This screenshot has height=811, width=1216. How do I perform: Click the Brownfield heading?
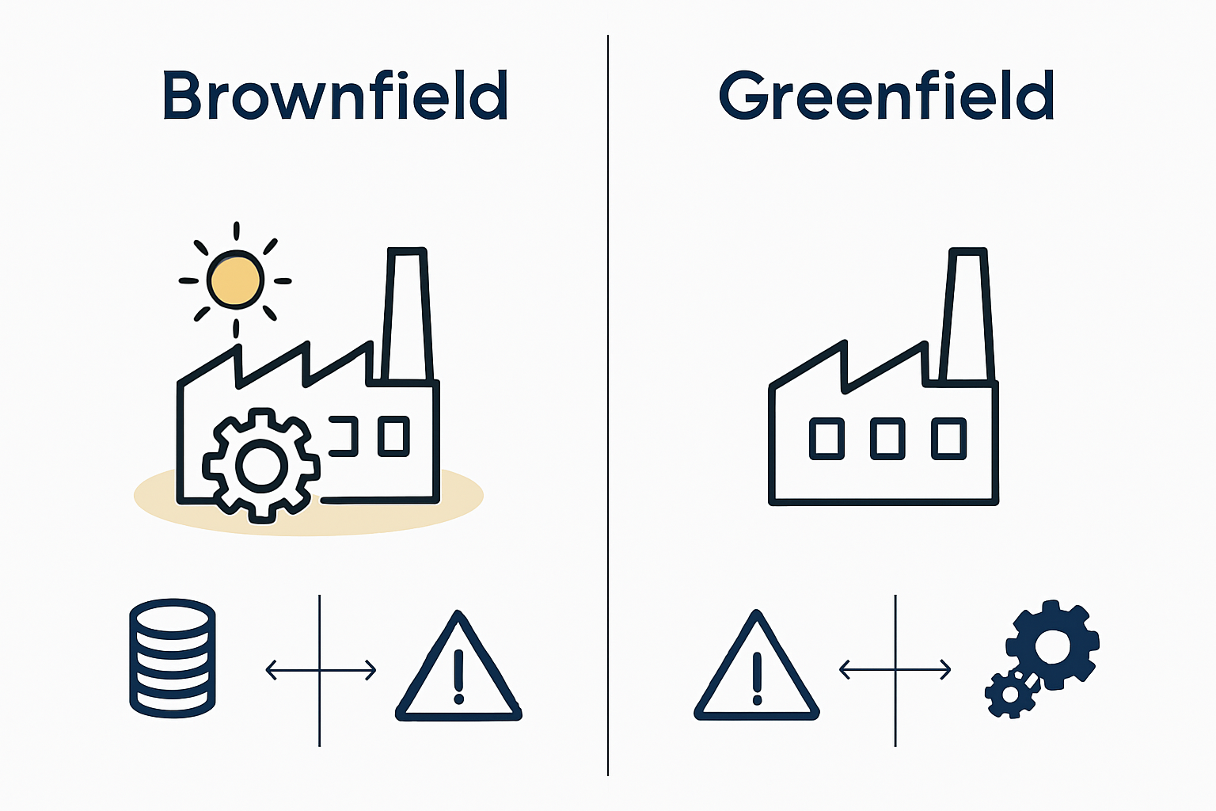(336, 95)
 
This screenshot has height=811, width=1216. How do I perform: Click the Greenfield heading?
(887, 95)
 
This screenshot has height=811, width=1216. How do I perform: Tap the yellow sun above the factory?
(236, 280)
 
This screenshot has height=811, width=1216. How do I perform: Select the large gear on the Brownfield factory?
(262, 466)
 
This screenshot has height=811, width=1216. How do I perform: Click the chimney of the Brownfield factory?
(407, 315)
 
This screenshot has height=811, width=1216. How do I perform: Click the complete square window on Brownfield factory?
(393, 436)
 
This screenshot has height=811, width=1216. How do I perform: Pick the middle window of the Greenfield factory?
(887, 439)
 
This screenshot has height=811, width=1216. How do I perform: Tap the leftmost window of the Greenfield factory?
(826, 439)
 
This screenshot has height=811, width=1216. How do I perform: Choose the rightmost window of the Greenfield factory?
(949, 439)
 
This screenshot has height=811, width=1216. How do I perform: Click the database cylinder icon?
(173, 658)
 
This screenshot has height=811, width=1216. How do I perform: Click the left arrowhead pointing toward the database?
(270, 670)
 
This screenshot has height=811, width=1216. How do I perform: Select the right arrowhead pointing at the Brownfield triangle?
(370, 670)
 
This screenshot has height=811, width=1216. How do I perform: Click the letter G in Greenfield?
(743, 95)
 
